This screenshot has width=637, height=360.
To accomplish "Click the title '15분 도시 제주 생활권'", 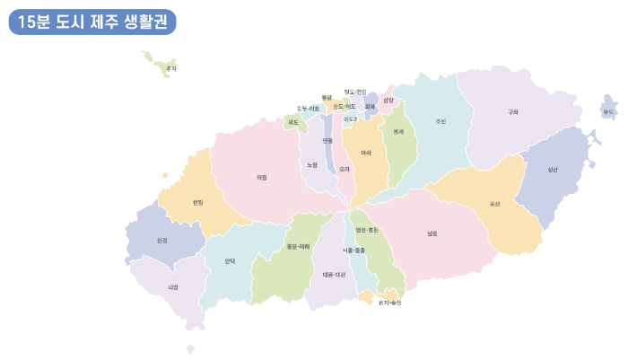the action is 92,22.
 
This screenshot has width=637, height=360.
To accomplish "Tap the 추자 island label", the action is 172,68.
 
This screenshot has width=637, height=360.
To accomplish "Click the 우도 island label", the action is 608,111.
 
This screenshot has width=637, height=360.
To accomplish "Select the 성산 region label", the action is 553,169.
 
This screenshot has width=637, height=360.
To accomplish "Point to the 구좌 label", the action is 513,112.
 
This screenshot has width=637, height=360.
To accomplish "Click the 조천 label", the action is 441,121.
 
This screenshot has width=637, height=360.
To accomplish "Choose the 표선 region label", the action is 494,204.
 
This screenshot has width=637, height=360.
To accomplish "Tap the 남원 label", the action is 432,233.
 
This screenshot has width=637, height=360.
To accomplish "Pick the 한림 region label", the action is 197,202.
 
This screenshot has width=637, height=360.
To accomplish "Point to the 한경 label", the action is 161,240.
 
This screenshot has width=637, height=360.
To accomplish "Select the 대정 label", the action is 173,287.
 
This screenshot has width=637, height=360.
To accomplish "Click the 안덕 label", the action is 230,260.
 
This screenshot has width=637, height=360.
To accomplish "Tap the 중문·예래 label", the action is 298,246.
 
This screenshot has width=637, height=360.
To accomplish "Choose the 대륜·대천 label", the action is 334,275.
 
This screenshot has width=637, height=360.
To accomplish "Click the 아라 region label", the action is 366,154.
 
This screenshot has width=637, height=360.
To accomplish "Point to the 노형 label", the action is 311,164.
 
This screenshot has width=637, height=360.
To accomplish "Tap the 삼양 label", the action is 388,101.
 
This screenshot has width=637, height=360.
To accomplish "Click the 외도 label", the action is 293,121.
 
